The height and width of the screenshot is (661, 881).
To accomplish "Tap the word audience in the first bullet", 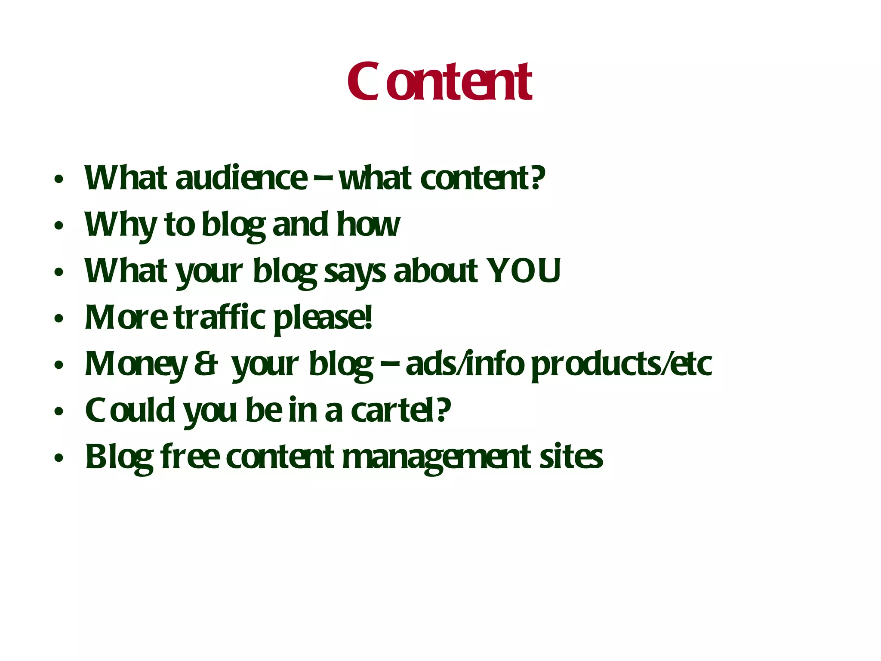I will [241, 178].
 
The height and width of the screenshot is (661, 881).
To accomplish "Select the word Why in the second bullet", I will [120, 225].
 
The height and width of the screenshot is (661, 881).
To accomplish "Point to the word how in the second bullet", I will [368, 225].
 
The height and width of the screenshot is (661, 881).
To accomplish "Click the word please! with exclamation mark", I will [323, 318].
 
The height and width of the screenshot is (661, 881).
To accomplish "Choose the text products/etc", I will [622, 364].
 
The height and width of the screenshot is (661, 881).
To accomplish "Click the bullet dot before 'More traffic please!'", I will [59, 319].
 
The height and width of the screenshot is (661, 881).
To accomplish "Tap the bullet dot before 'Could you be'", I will [59, 412].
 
